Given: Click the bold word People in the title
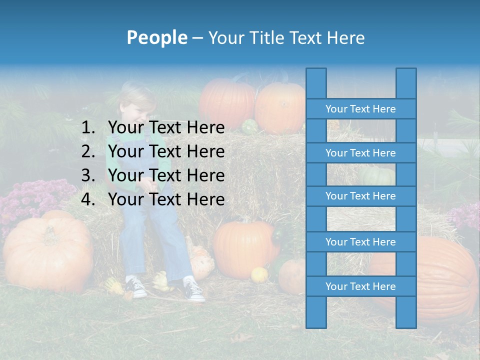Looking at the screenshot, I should tap(156, 37).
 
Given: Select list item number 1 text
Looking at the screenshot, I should tap(166, 127).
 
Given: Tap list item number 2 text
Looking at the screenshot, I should tap(166, 151).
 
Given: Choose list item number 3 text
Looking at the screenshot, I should tap(166, 175).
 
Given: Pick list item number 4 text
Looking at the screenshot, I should tap(166, 199).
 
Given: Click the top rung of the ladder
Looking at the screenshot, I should tap(360, 109).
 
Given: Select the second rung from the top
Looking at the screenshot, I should tap(360, 153).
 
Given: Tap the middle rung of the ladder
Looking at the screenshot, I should tap(360, 196).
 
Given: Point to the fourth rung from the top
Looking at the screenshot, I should tap(360, 242).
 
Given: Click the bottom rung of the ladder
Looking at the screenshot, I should tap(360, 286).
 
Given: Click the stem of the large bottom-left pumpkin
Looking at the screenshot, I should tap(50, 232).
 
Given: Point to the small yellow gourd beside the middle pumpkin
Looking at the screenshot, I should tap(259, 274).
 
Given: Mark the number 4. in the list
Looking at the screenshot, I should tap(88, 199).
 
